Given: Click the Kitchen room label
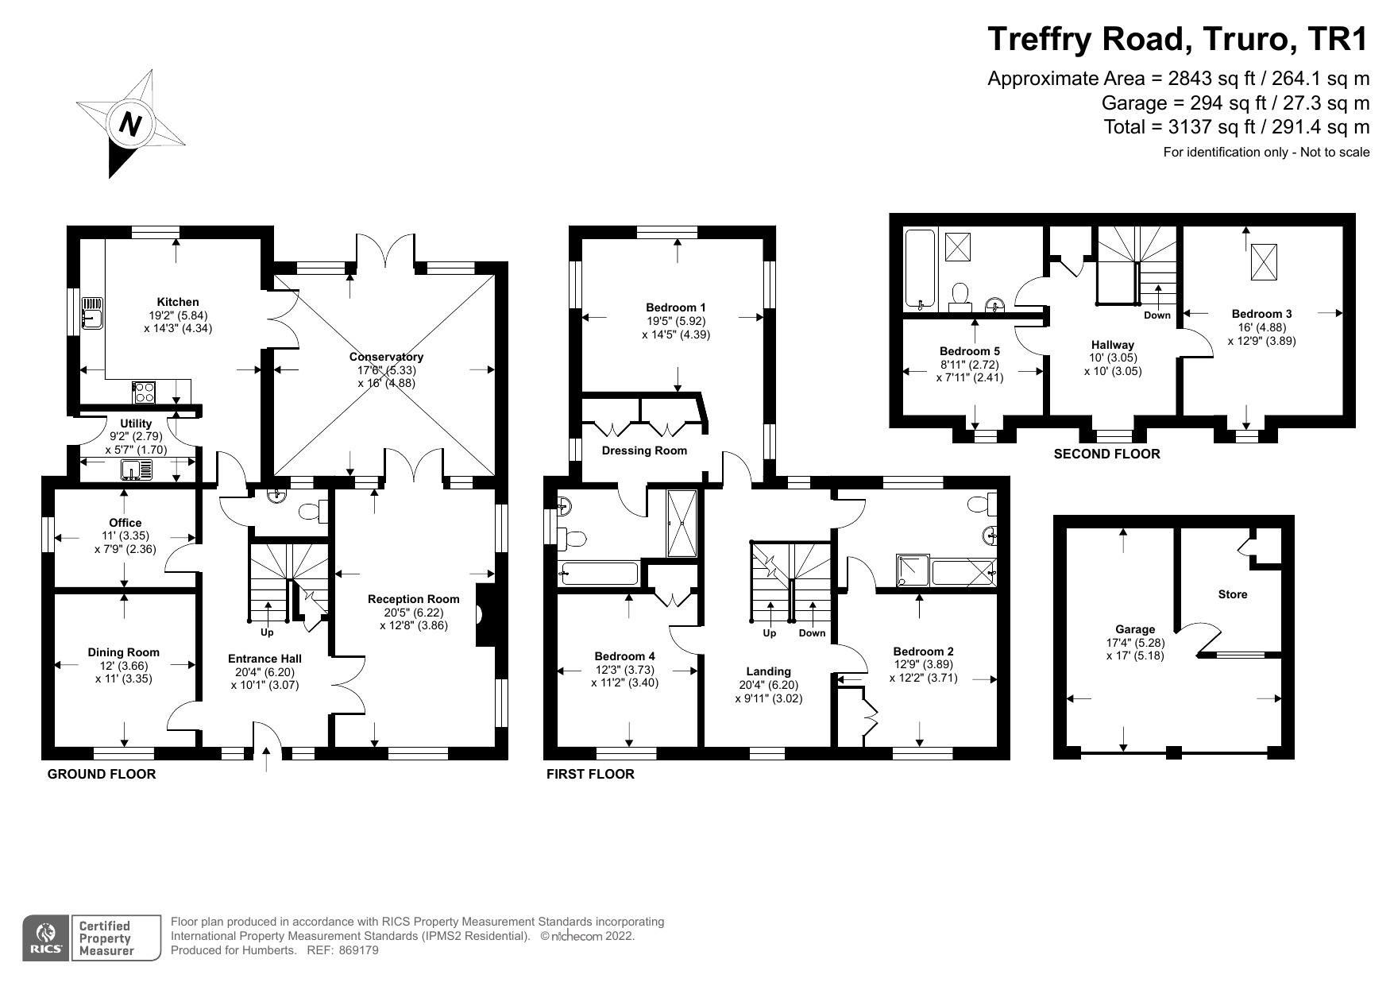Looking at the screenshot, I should click(178, 302).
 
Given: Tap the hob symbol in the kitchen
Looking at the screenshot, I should click(144, 392).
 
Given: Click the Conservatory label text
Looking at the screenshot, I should click(386, 357).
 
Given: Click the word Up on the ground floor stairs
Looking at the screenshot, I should click(267, 632).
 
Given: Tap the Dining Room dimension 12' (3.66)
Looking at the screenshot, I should click(123, 666).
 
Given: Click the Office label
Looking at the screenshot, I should click(125, 523).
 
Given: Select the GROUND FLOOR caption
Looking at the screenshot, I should click(102, 774).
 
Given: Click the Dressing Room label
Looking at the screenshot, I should click(644, 450).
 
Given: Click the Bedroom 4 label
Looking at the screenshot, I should click(624, 656).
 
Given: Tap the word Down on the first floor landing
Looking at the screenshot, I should click(812, 633).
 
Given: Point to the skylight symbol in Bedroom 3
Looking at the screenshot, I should click(1265, 261).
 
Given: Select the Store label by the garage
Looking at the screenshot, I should click(1232, 594).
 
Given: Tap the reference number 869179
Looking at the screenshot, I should click(358, 950).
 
